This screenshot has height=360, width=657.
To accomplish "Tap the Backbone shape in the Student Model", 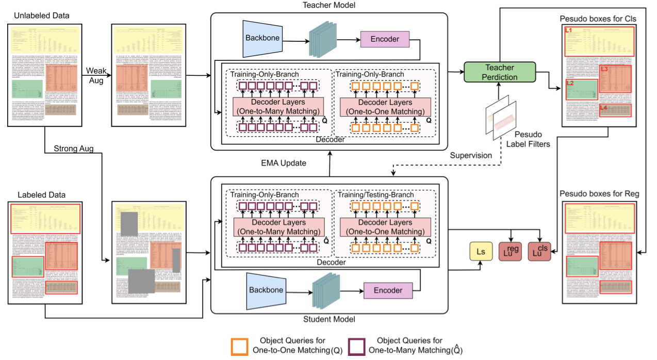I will (266, 290).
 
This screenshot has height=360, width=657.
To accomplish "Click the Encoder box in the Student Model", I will (388, 290).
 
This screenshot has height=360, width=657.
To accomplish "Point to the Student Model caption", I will (329, 320).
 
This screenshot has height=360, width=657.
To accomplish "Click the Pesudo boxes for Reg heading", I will (600, 194).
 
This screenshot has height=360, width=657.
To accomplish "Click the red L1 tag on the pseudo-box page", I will (569, 31).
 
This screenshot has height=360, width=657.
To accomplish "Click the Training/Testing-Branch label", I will (373, 195).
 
